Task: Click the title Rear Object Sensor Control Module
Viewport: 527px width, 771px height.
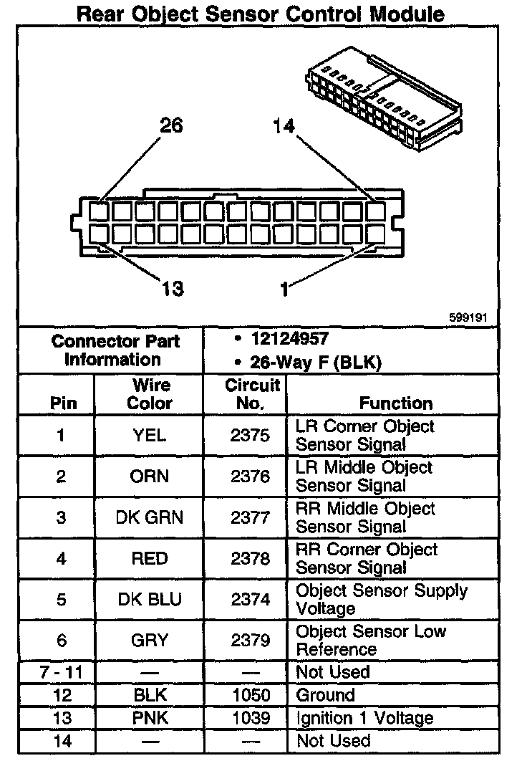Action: pyautogui.click(x=260, y=14)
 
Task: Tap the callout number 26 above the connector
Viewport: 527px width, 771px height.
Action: pyautogui.click(x=171, y=126)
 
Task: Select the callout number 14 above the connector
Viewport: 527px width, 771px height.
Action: pyautogui.click(x=284, y=126)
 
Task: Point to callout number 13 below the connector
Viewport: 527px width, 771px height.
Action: pyautogui.click(x=173, y=289)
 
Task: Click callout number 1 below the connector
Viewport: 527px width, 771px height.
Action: pyautogui.click(x=285, y=289)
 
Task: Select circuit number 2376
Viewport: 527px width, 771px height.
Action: pyautogui.click(x=250, y=477)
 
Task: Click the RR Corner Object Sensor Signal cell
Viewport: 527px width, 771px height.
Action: pyautogui.click(x=366, y=559)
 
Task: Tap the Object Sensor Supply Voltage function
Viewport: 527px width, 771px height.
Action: pyautogui.click(x=381, y=600)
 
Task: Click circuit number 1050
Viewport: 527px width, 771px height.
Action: pyautogui.click(x=250, y=695)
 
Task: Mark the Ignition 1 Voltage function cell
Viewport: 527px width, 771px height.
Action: pyautogui.click(x=364, y=718)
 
